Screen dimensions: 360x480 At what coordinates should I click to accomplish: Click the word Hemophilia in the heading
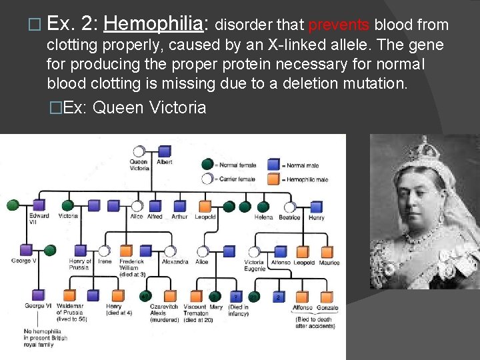click(153, 25)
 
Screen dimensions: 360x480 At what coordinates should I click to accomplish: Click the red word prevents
click(338, 25)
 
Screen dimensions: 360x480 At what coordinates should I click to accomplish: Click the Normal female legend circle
click(209, 164)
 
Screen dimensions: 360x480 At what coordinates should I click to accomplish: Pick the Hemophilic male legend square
click(273, 178)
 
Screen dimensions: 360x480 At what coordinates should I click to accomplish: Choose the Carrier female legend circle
click(209, 178)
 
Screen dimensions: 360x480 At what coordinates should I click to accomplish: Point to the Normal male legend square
click(273, 164)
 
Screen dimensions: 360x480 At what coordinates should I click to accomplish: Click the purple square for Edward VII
click(39, 206)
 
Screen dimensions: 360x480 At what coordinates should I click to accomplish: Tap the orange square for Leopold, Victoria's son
click(204, 206)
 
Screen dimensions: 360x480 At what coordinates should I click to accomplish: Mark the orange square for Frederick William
click(127, 251)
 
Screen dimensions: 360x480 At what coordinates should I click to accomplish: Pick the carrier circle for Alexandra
click(170, 251)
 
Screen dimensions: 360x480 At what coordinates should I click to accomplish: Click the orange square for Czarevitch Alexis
click(170, 295)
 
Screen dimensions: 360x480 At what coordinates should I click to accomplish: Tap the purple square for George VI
click(35, 295)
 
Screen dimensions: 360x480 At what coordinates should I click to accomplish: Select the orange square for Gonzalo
click(327, 296)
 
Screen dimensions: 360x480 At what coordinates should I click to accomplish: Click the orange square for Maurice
click(327, 252)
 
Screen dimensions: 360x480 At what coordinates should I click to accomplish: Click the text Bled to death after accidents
click(315, 322)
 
